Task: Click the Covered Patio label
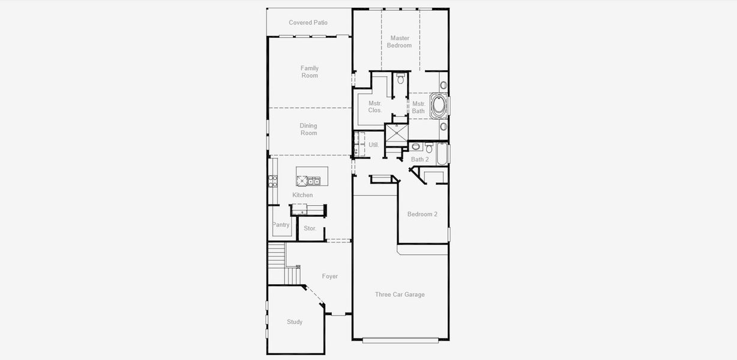click(x=308, y=23)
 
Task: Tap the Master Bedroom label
click(x=399, y=42)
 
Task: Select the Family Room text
click(x=310, y=72)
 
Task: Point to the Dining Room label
click(x=308, y=130)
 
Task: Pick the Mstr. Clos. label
click(x=375, y=107)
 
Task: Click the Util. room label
click(x=373, y=145)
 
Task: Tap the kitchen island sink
click(x=313, y=181)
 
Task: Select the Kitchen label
click(x=302, y=195)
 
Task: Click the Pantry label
click(x=280, y=225)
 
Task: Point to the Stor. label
click(x=310, y=229)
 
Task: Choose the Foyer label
click(x=329, y=277)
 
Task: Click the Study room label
click(x=295, y=322)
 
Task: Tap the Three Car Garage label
click(x=400, y=295)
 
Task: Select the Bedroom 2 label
click(x=423, y=214)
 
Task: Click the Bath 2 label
click(x=420, y=160)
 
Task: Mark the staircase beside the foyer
click(x=277, y=263)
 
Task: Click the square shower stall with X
click(x=396, y=134)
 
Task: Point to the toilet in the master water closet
click(x=401, y=79)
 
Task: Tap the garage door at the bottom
click(x=400, y=340)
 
